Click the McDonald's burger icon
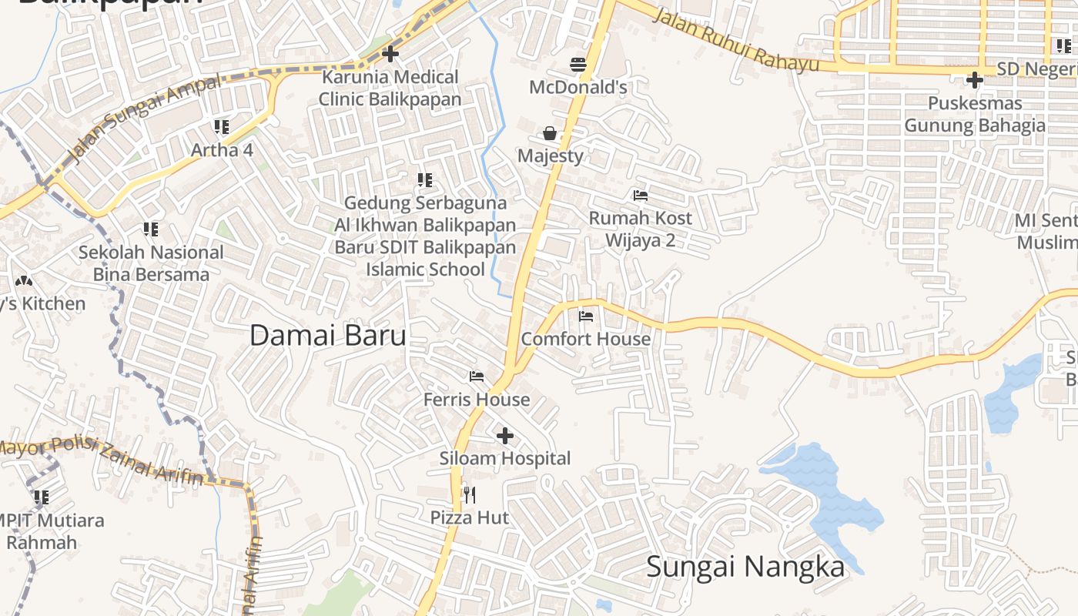coord(578,64)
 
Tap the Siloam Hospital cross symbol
coord(505,437)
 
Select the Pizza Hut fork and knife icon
coord(469,494)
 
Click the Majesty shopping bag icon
coord(550,133)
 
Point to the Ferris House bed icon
coord(477,377)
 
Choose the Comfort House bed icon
coord(586,316)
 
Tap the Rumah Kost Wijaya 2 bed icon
coord(640,195)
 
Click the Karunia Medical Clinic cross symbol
coord(390,54)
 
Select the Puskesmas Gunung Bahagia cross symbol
coord(975,79)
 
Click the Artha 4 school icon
coord(222,126)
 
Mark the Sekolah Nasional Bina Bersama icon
coord(151,229)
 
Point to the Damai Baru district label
coord(328,336)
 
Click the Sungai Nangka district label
coord(745,567)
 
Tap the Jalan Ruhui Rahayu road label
coord(735,40)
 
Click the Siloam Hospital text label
coord(505,458)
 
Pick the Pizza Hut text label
coord(470,517)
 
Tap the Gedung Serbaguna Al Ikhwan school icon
coord(425,180)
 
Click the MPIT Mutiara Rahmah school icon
coord(42,497)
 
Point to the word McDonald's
coord(578,87)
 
